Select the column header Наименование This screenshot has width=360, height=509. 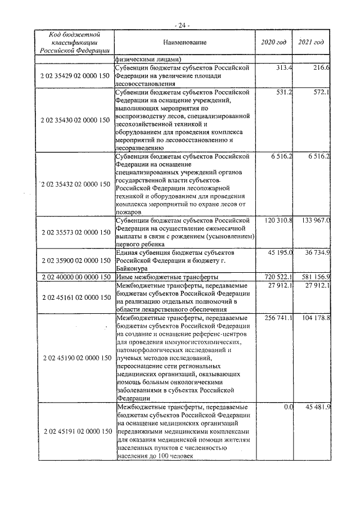click(185, 43)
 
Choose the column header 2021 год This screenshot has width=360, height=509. click(311, 43)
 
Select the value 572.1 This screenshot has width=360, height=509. click(321, 92)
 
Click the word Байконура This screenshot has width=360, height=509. click(131, 269)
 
